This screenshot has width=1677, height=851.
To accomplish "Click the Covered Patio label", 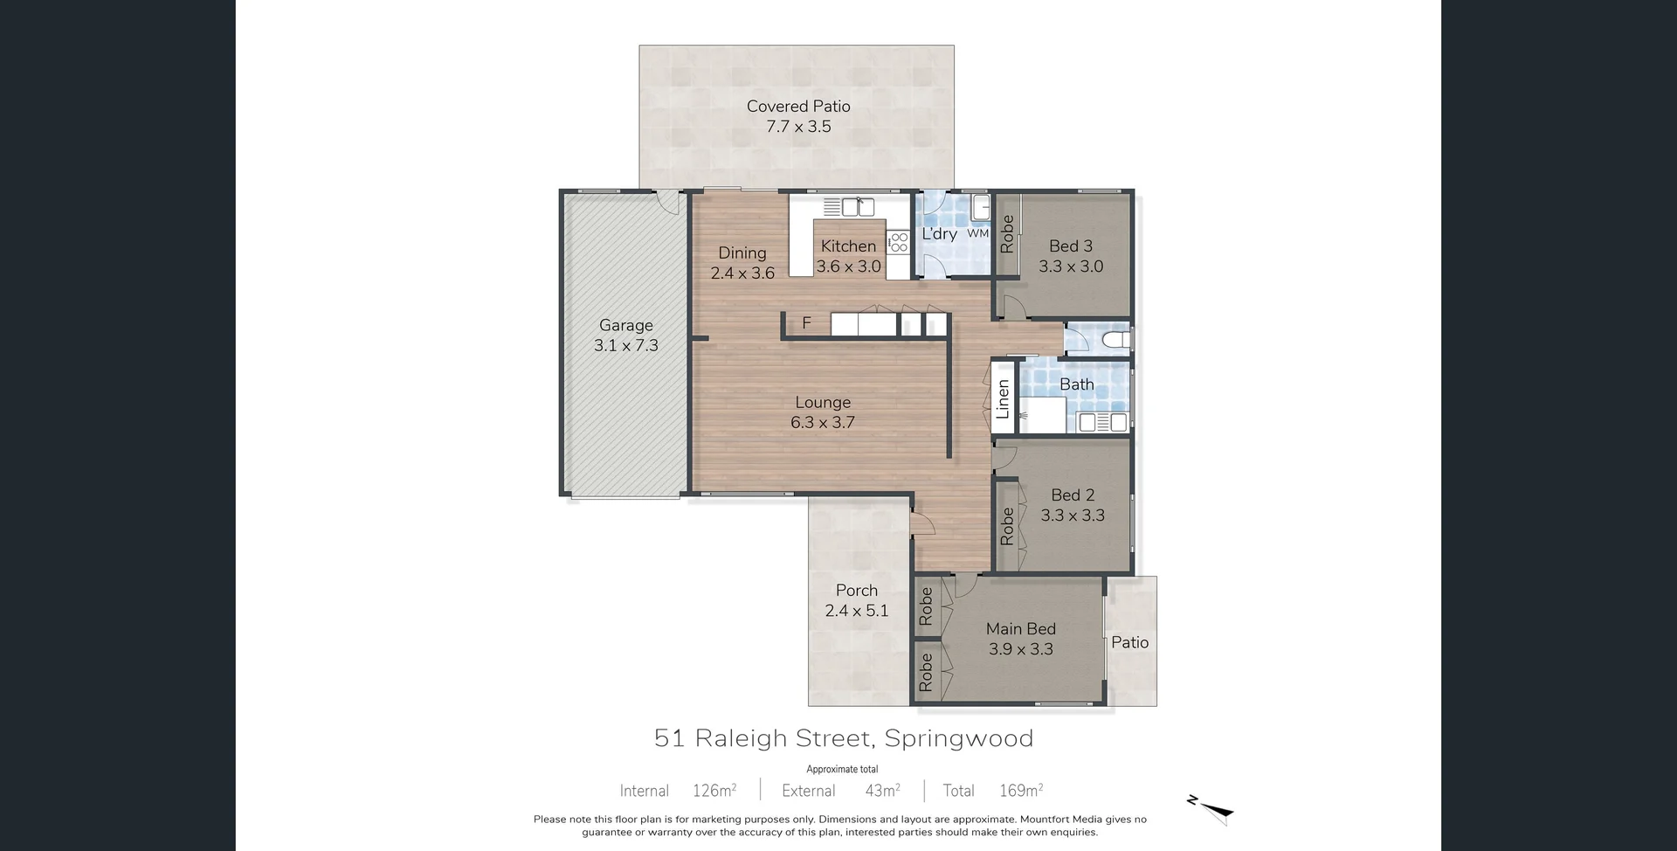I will coord(798,107).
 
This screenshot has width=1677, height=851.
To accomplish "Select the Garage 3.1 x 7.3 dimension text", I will coord(626,346).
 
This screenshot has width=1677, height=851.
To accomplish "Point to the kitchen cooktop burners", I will coord(899,242).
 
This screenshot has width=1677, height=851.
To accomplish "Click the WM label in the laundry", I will coord(978,234).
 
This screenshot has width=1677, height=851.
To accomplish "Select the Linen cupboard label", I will coord(1003,399).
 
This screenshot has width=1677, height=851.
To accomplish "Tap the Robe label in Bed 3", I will coord(1007,235).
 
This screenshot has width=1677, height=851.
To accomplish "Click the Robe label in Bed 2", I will coord(1007,526).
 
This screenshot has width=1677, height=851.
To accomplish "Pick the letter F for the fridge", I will coord(806,323).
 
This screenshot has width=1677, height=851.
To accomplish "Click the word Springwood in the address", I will coord(959,739).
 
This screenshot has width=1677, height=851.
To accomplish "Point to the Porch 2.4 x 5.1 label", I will coord(857,601).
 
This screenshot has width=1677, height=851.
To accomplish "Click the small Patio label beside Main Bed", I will coord(1129,643).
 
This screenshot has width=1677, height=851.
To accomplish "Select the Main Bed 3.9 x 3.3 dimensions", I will coord(1021,649).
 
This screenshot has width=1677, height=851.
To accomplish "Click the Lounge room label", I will coord(823,403).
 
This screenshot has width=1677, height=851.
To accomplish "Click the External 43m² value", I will coord(882,791).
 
